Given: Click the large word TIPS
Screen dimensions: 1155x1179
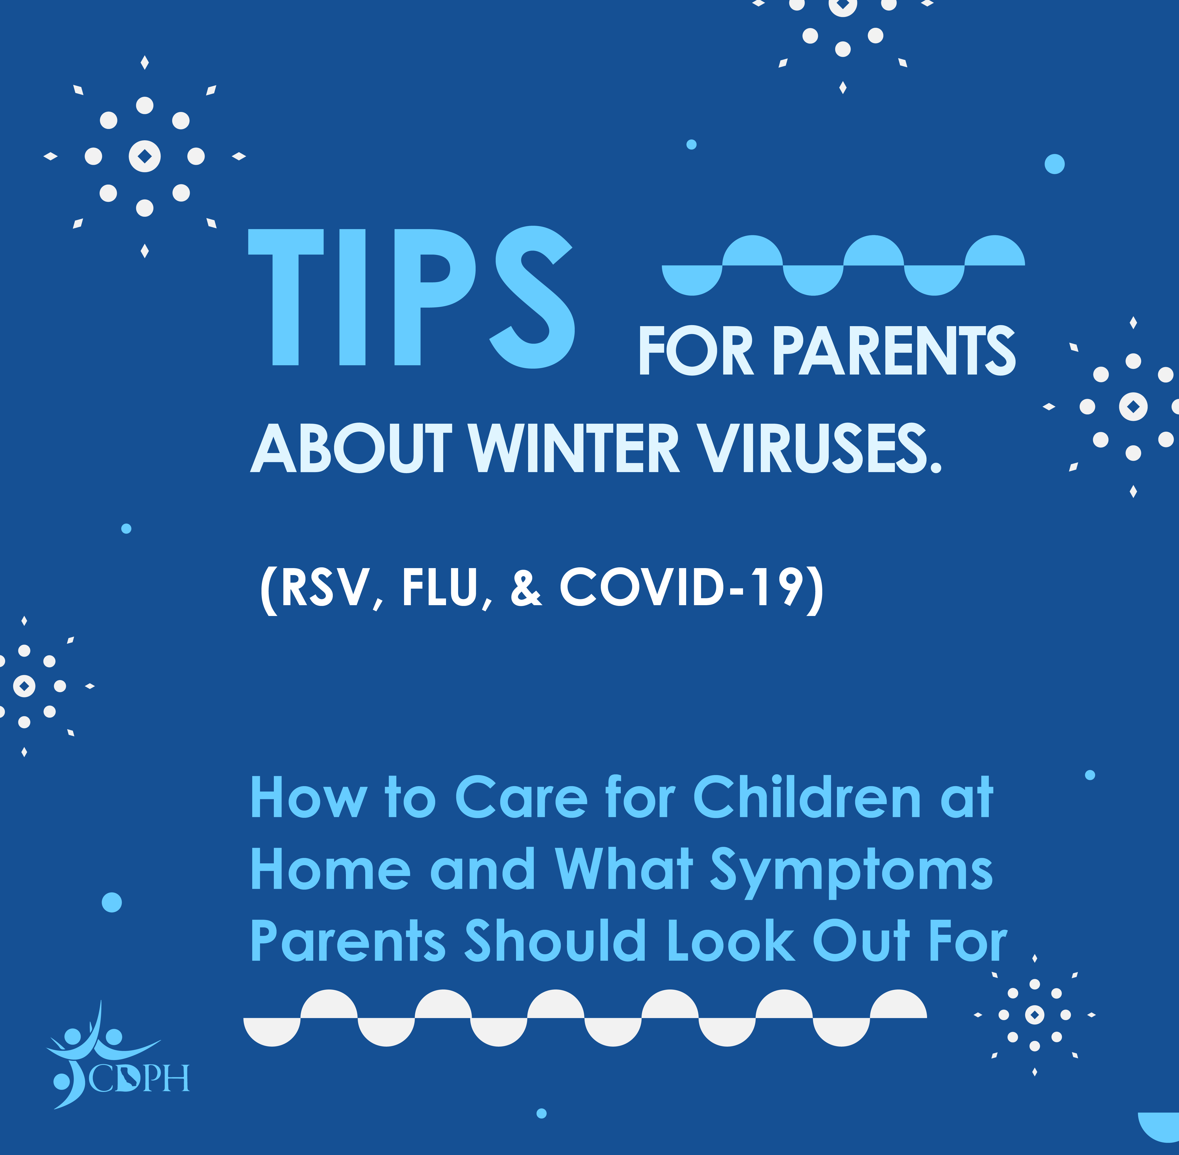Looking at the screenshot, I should [x=411, y=297].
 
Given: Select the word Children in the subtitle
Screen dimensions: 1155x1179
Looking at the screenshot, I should [x=807, y=798].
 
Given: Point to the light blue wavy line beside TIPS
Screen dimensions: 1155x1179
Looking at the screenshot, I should [x=843, y=265].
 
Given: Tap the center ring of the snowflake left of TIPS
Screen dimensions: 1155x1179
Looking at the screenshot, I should [x=144, y=157].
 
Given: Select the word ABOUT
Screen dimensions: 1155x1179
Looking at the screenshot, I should [x=352, y=449].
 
